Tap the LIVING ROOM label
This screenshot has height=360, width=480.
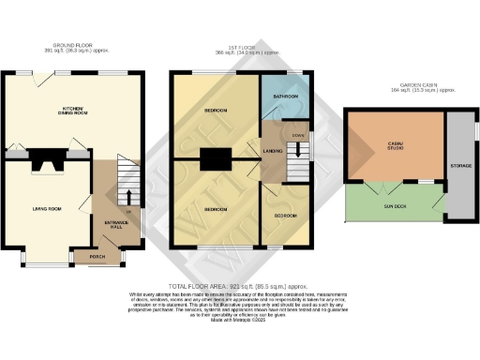46,208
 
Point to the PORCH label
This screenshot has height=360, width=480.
97,256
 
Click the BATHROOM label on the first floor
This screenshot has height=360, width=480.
285,97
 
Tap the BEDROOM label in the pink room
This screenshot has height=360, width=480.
217,208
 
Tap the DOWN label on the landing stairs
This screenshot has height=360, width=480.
298,135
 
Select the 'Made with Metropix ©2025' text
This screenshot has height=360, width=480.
240,321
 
